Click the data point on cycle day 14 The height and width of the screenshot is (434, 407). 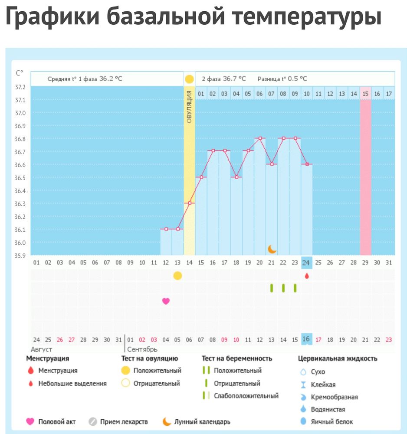tap(190, 203)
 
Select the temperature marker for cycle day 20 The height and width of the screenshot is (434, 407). tap(260, 138)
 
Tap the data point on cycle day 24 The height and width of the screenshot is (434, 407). tap(307, 164)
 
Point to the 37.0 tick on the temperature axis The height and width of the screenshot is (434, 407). tap(20, 113)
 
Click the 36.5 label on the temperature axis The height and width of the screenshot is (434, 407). tap(20, 178)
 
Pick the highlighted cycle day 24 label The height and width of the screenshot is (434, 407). tap(307, 262)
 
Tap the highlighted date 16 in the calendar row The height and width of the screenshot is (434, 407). tap(307, 339)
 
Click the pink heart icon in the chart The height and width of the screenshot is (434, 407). tap(166, 301)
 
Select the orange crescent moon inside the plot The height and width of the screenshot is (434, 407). tap(272, 249)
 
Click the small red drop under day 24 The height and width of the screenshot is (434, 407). tap(307, 276)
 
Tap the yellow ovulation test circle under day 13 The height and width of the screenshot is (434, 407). tap(177, 276)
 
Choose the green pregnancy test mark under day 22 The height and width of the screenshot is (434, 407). tap(283, 288)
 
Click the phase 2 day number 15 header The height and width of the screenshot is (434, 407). tap(366, 94)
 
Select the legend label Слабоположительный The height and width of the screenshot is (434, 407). tap(246, 396)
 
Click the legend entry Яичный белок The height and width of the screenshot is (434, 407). tap(332, 421)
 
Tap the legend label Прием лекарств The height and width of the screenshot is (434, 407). tap(124, 421)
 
